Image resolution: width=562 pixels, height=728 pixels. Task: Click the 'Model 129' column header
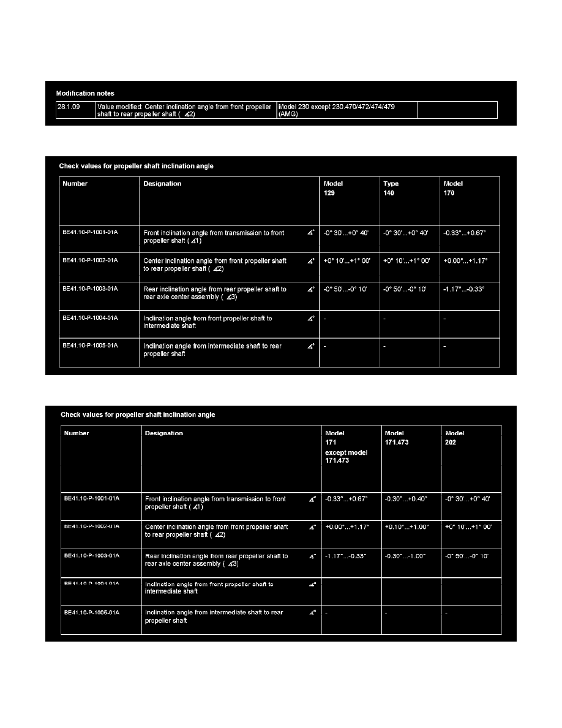coord(333,188)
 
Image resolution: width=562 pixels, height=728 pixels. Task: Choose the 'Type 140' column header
coord(391,188)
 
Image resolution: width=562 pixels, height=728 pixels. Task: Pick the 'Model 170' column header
coord(452,188)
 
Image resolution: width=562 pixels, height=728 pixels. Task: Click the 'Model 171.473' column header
coord(397,438)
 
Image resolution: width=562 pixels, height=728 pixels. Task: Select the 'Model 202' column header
coord(454,438)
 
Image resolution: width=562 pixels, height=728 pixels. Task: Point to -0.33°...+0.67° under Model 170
coord(464,233)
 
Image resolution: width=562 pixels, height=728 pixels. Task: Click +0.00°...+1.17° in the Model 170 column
coord(464,261)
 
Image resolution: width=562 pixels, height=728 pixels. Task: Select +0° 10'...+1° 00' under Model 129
coord(347,261)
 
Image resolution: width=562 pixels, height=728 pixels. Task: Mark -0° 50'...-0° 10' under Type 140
coord(406,289)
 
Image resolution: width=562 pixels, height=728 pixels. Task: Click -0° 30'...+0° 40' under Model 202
coord(468,499)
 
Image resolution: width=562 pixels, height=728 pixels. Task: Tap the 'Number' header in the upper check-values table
coord(75,184)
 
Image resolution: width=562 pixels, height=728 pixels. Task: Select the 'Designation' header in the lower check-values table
coord(163,433)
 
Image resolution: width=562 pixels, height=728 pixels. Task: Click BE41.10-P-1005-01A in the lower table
coord(91,613)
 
